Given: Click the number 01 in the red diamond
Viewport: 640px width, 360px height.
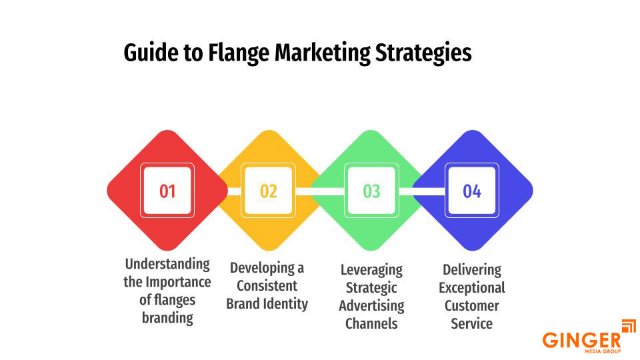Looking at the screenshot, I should [x=167, y=191].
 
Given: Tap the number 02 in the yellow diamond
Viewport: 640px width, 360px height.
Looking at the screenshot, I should [x=269, y=191].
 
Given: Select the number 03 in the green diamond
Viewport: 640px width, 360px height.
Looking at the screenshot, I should [x=371, y=191].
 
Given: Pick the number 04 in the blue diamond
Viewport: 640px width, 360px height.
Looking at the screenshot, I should [x=472, y=191].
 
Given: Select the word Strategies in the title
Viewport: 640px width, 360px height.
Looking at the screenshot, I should [x=424, y=53].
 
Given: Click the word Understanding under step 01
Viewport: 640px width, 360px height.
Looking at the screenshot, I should [x=167, y=264].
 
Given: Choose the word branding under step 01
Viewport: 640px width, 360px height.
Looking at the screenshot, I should [x=167, y=317].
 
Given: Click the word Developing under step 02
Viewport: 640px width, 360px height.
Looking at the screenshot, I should [x=267, y=268].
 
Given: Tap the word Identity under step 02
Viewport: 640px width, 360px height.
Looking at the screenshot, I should [x=287, y=304].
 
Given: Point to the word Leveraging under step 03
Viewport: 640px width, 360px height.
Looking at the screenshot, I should [x=371, y=270].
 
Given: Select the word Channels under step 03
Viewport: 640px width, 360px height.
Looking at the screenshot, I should [x=371, y=324].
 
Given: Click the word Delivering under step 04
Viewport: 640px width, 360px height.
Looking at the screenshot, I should [x=472, y=270].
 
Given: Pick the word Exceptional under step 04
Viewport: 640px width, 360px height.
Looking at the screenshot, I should [x=472, y=288].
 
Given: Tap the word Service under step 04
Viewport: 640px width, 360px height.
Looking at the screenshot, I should [x=472, y=324].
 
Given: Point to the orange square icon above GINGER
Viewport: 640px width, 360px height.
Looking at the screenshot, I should [x=628, y=326].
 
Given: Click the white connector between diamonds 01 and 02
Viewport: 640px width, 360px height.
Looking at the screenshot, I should [x=234, y=191].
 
